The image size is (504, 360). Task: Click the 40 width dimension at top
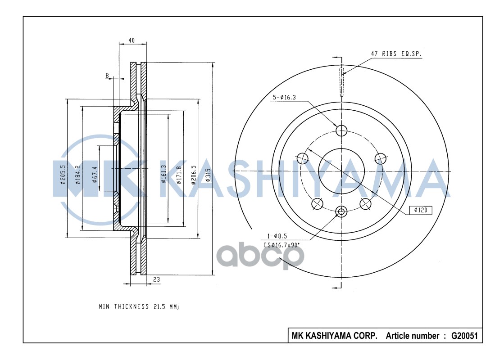132,40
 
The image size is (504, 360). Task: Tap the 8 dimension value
107,75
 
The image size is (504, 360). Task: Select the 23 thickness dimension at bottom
156,279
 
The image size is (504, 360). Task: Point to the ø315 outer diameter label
208,175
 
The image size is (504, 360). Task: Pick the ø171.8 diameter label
179,175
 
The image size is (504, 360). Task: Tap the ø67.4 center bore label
95,175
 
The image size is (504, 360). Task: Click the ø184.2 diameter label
78,175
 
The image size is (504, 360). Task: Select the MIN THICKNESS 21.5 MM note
139,306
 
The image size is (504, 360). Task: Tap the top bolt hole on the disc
342,130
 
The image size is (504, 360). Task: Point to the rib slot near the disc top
341,83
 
